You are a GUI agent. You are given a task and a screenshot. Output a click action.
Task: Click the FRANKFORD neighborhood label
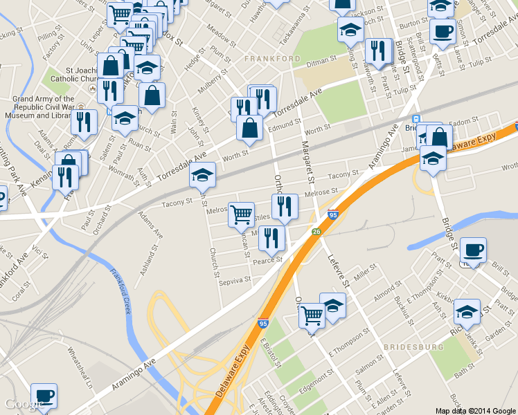[272, 59]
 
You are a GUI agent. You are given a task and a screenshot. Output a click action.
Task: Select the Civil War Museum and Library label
[43, 107]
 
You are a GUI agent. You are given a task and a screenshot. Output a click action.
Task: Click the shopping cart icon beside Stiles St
[241, 214]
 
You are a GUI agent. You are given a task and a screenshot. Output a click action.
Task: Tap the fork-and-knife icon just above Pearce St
[272, 238]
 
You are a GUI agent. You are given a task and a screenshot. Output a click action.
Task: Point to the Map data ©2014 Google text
[476, 410]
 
